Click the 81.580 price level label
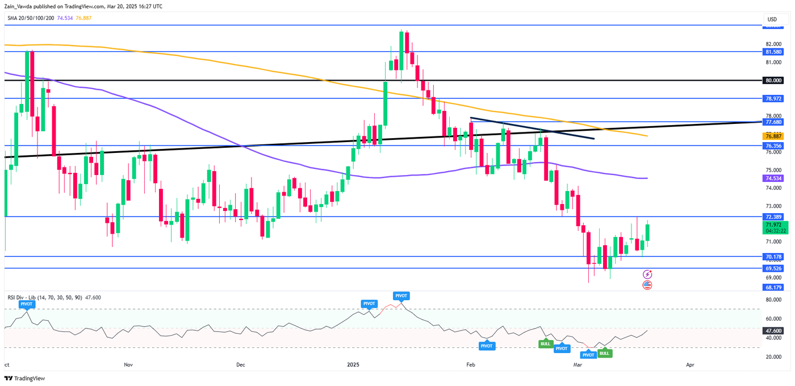773,52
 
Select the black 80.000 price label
773,81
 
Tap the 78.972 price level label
773,98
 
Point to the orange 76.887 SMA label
773,136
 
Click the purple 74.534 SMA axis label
773,179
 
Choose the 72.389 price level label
773,217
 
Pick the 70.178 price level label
773,256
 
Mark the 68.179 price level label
773,287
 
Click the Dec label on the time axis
240,364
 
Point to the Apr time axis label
691,364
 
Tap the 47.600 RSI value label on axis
773,330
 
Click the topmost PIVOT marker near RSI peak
401,296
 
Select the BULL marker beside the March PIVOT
604,353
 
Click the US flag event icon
647,284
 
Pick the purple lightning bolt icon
647,275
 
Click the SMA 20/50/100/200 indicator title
31,18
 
